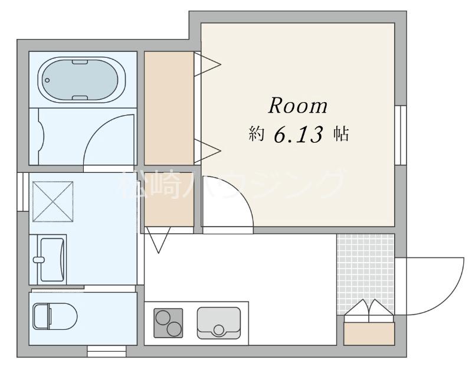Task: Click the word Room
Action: (x=298, y=106)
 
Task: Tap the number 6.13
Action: (x=299, y=134)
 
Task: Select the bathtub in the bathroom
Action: (x=81, y=80)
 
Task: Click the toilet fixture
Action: (x=55, y=316)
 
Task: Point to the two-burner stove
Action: (x=168, y=323)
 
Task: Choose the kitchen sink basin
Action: (x=219, y=323)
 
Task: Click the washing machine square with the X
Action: (x=53, y=201)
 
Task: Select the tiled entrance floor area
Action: (x=365, y=274)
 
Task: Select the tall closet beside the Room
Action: (x=169, y=108)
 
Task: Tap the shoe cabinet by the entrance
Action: (x=369, y=333)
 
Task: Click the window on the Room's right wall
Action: (x=401, y=135)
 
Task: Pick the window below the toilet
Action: (x=107, y=351)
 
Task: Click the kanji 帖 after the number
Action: (x=341, y=134)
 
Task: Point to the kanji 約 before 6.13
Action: (x=256, y=134)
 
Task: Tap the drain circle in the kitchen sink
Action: (x=219, y=330)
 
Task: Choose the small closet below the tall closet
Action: (x=169, y=199)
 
